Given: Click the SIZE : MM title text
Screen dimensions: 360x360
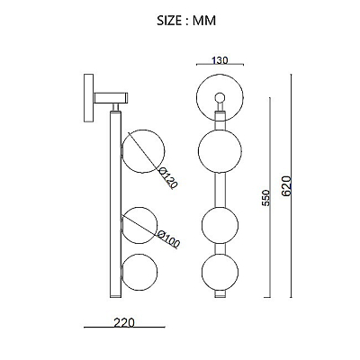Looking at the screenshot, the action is (186, 21).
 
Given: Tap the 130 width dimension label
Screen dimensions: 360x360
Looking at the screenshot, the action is (220, 60).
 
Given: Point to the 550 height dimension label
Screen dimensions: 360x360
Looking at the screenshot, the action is (265, 198).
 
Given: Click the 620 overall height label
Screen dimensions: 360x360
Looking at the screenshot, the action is (286, 186).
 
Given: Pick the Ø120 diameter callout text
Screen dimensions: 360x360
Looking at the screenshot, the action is (167, 178).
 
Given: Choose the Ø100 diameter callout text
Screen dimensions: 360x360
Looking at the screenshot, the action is (168, 238).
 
